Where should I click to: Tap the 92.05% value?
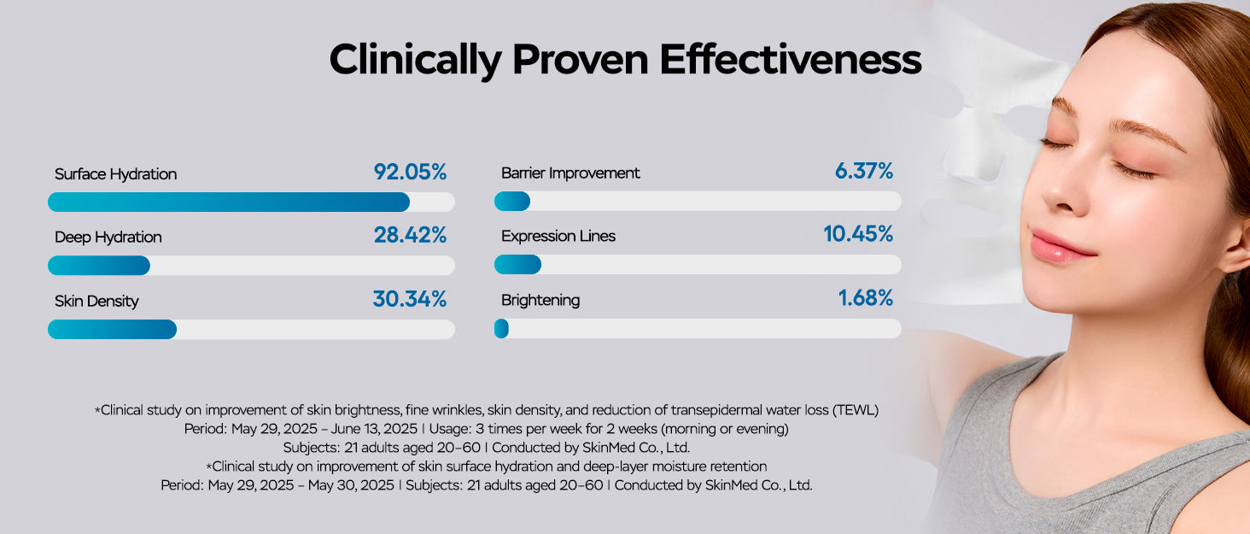click(410, 172)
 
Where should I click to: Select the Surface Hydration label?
click(115, 174)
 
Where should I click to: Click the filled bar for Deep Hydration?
click(99, 266)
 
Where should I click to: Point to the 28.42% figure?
click(410, 235)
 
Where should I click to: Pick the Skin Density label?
click(96, 301)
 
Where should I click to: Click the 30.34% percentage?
click(409, 299)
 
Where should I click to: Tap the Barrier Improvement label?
click(570, 173)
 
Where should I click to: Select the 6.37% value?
click(864, 172)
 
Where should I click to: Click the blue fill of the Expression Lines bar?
click(517, 265)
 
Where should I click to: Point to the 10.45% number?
click(858, 234)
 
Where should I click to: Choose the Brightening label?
click(540, 301)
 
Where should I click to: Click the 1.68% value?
click(866, 298)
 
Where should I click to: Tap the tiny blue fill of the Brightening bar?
click(502, 329)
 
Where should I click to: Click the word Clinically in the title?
click(416, 61)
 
